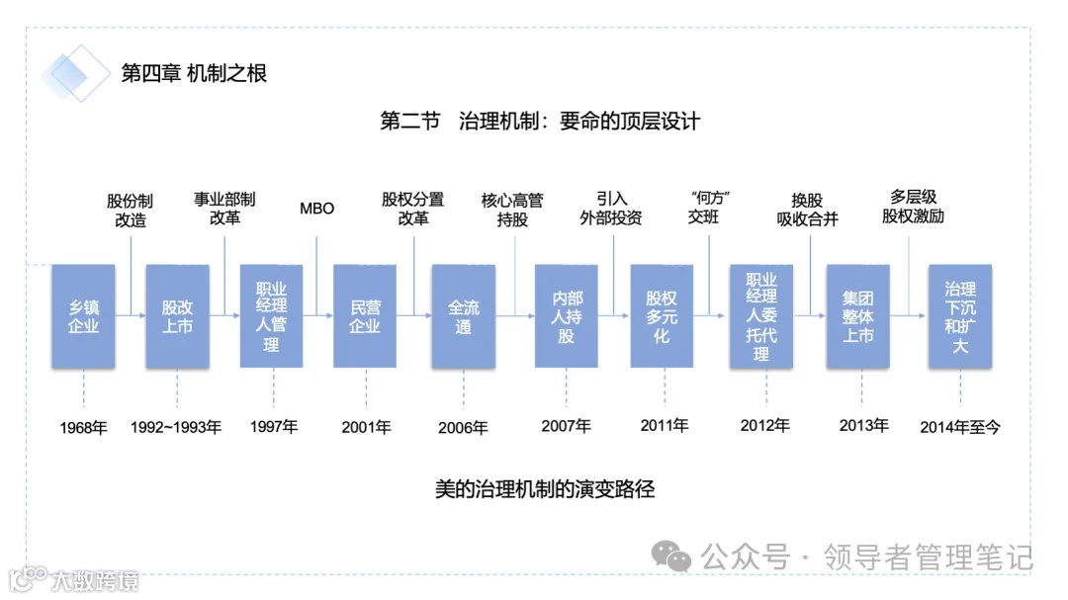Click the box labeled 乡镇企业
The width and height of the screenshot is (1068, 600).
pyautogui.click(x=83, y=316)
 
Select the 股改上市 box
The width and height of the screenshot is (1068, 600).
pyautogui.click(x=177, y=316)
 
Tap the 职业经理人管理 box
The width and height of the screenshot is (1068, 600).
pyautogui.click(x=271, y=316)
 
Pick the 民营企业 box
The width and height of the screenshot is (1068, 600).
pyautogui.click(x=365, y=316)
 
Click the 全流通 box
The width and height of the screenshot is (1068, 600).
pyautogui.click(x=463, y=316)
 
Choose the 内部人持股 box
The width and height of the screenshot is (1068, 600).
pyautogui.click(x=566, y=316)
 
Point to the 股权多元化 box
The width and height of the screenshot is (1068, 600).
pyautogui.click(x=662, y=316)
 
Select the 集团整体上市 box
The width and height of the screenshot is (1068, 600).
pyautogui.click(x=858, y=316)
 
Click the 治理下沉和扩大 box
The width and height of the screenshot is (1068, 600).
pyautogui.click(x=959, y=316)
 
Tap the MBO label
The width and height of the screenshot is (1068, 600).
pyautogui.click(x=316, y=209)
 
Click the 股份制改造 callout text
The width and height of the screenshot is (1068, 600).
pyautogui.click(x=131, y=211)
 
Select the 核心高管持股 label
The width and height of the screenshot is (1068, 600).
pyautogui.click(x=512, y=210)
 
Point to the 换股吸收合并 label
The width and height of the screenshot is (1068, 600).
pyautogui.click(x=807, y=210)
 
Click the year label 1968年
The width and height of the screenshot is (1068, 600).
pyautogui.click(x=83, y=428)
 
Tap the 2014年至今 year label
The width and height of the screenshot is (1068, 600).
pyautogui.click(x=960, y=427)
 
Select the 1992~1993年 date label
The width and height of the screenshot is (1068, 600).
pyautogui.click(x=176, y=428)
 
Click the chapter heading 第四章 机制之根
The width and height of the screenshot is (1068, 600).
pyautogui.click(x=194, y=73)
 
